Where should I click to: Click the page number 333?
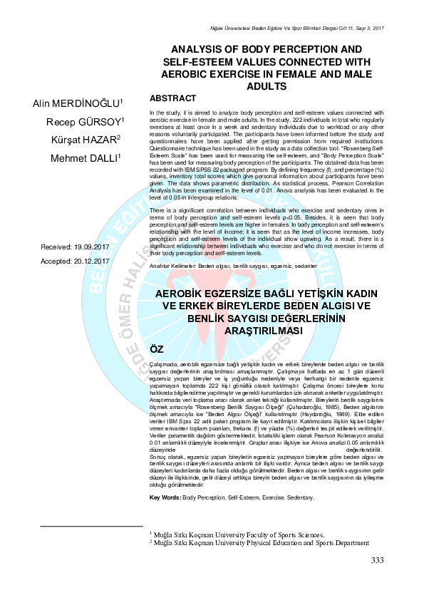point(378,560)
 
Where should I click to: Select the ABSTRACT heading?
point(172,98)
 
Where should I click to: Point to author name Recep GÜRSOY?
point(86,122)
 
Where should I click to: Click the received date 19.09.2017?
point(92,247)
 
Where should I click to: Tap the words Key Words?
point(165,497)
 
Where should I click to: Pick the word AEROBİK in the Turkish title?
point(190,294)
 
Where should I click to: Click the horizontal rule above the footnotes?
point(92,526)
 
